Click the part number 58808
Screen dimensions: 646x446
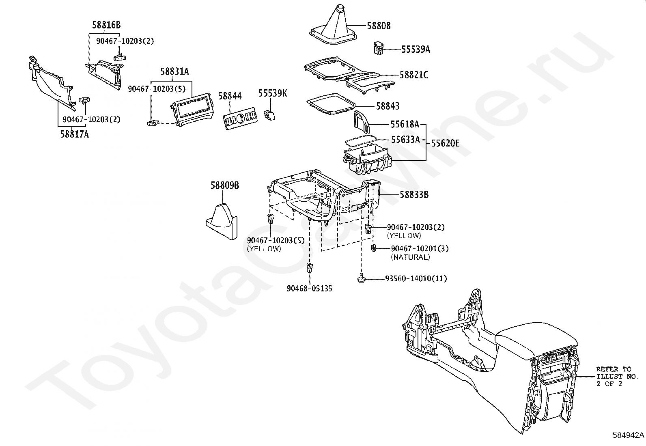click(x=379, y=26)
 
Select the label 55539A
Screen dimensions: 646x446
click(x=416, y=50)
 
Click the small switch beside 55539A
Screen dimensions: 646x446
click(x=378, y=48)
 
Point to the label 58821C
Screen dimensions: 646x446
click(x=414, y=75)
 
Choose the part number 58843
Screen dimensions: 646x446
click(x=388, y=106)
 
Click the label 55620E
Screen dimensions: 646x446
click(x=445, y=143)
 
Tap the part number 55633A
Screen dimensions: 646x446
click(x=405, y=140)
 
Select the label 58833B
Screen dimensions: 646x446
click(x=414, y=195)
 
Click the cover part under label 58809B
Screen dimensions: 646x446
click(x=222, y=221)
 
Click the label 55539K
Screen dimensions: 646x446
click(x=273, y=93)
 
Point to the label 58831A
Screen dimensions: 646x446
click(x=174, y=71)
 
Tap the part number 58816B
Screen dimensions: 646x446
click(x=106, y=25)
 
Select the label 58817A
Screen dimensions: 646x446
click(x=74, y=134)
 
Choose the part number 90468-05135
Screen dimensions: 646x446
click(x=310, y=289)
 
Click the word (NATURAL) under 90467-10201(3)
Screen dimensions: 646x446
click(x=410, y=257)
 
